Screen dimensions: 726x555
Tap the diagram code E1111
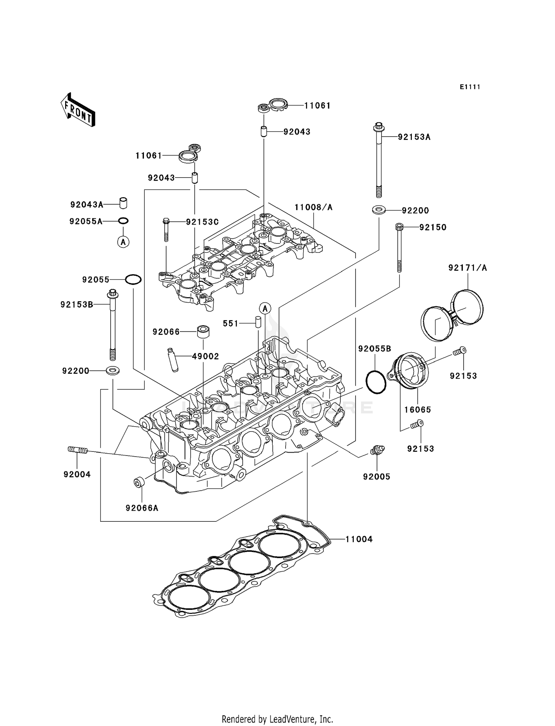pyautogui.click(x=470, y=87)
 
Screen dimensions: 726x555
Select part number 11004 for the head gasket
pyautogui.click(x=359, y=539)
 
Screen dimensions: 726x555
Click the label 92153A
pyautogui.click(x=414, y=137)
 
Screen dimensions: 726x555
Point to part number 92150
pyautogui.click(x=433, y=227)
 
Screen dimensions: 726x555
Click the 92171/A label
pyautogui.click(x=467, y=268)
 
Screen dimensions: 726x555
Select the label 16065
pyautogui.click(x=417, y=410)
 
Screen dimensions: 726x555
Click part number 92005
pyautogui.click(x=377, y=477)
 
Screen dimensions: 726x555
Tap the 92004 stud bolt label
pyautogui.click(x=77, y=474)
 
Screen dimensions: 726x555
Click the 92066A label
pyautogui.click(x=142, y=508)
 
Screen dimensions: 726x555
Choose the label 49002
pyautogui.click(x=205, y=356)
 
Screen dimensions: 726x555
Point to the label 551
pyautogui.click(x=231, y=323)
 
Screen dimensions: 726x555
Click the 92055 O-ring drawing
pyautogui.click(x=133, y=279)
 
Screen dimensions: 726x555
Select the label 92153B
pyautogui.click(x=77, y=305)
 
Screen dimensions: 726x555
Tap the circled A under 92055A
pyautogui.click(x=123, y=242)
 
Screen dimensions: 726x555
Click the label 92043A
pyautogui.click(x=87, y=204)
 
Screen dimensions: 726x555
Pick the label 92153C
pyautogui.click(x=202, y=222)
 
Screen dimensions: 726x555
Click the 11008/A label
pyautogui.click(x=313, y=207)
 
